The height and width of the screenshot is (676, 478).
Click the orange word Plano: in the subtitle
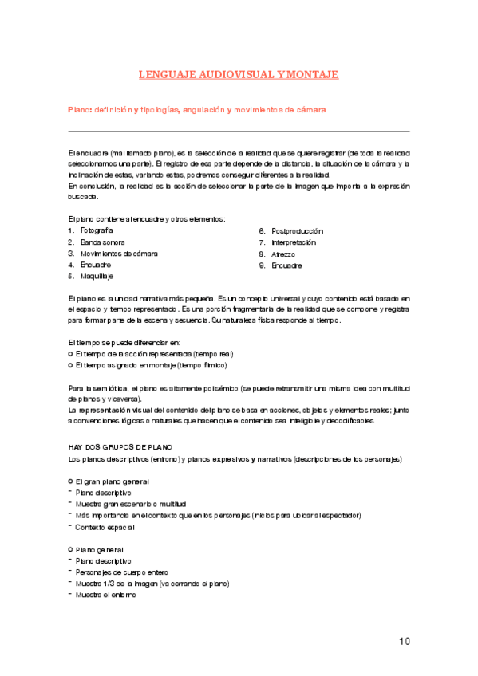pyautogui.click(x=81, y=110)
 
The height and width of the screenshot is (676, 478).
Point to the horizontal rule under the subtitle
pyautogui.click(x=239, y=130)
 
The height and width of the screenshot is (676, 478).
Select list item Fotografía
pyautogui.click(x=97, y=230)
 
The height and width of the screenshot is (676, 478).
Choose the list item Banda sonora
pyautogui.click(x=102, y=242)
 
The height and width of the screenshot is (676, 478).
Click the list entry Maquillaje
pyautogui.click(x=97, y=276)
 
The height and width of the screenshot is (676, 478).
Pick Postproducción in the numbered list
pyautogui.click(x=297, y=230)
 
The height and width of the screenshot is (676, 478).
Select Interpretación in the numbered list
pyautogui.click(x=294, y=242)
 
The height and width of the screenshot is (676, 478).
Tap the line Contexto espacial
pyautogui.click(x=107, y=527)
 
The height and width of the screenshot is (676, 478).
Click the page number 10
pyautogui.click(x=404, y=642)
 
